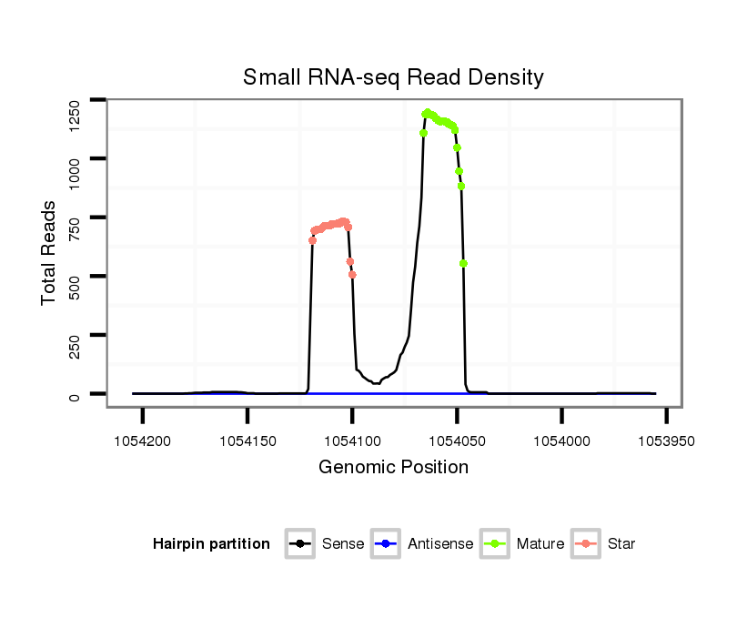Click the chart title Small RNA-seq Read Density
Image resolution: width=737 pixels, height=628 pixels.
pyautogui.click(x=393, y=77)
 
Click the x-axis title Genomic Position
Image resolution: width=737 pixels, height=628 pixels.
pyautogui.click(x=393, y=468)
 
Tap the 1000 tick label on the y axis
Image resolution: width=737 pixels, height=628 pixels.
pyautogui.click(x=76, y=170)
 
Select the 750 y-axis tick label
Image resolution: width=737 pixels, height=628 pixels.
pyautogui.click(x=76, y=228)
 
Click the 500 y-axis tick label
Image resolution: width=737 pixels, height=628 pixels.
pyautogui.click(x=76, y=287)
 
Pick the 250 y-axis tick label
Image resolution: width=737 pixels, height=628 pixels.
pyautogui.click(x=76, y=346)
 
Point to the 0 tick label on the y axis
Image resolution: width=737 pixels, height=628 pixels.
pyautogui.click(x=76, y=395)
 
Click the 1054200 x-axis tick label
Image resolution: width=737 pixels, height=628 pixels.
pyautogui.click(x=143, y=441)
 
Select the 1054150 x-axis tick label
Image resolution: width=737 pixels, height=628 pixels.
pyautogui.click(x=247, y=441)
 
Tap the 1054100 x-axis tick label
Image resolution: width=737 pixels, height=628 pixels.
pyautogui.click(x=352, y=441)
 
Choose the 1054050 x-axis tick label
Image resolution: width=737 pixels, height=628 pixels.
pyautogui.click(x=457, y=441)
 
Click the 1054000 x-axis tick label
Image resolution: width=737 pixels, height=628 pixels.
pyautogui.click(x=561, y=441)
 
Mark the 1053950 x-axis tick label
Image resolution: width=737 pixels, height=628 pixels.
pyautogui.click(x=666, y=441)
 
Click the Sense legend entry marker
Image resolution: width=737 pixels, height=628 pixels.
pyautogui.click(x=299, y=544)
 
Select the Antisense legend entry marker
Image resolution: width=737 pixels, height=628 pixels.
pyautogui.click(x=385, y=544)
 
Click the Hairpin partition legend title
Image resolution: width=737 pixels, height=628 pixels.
pyautogui.click(x=211, y=544)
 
